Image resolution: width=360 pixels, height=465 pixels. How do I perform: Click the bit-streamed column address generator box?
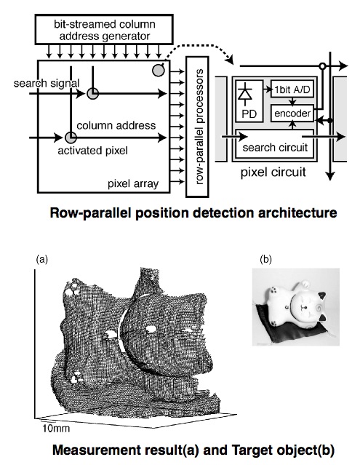[x=104, y=29]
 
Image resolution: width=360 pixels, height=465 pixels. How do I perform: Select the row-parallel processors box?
[x=197, y=127]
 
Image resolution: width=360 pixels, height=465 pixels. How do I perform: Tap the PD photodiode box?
[x=249, y=101]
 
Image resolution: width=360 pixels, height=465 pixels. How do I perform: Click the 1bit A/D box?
[x=292, y=90]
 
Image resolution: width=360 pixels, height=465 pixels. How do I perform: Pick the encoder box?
[x=292, y=113]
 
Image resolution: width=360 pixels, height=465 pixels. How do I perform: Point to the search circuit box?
[x=274, y=144]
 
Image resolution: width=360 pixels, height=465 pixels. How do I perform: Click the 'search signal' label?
[x=47, y=83]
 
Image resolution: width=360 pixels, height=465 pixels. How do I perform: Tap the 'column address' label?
[x=116, y=125]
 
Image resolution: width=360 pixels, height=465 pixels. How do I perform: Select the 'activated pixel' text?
[x=93, y=151]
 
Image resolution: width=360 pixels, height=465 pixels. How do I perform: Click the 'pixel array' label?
[x=133, y=184]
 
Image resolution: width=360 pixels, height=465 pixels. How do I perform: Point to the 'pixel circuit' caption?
[x=273, y=172]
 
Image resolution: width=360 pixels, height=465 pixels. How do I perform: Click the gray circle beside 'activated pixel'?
[x=71, y=138]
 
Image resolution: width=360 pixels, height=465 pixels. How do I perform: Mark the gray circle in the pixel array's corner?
[x=159, y=71]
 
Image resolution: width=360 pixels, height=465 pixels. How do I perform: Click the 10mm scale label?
[x=56, y=428]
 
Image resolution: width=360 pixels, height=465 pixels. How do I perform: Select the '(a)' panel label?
[x=41, y=260]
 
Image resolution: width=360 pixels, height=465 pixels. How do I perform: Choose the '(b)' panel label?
[x=265, y=260]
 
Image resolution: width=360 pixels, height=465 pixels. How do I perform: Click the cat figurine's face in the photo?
[x=305, y=308]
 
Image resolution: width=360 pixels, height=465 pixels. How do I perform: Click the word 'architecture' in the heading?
[x=298, y=213]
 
